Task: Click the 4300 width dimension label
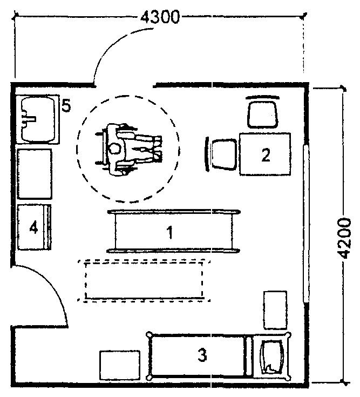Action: [160, 17]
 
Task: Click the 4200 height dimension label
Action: [345, 238]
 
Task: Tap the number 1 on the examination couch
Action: [170, 232]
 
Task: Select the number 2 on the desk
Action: [266, 155]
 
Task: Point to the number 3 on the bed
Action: [202, 354]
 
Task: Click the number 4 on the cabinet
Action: [33, 227]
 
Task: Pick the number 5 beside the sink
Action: [66, 105]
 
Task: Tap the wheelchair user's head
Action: [114, 149]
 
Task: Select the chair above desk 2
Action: [263, 114]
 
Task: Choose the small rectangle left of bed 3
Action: [120, 365]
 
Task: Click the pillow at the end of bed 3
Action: [271, 357]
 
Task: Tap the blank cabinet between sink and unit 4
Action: [35, 174]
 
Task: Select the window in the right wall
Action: [306, 223]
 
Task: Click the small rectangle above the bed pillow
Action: [275, 310]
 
